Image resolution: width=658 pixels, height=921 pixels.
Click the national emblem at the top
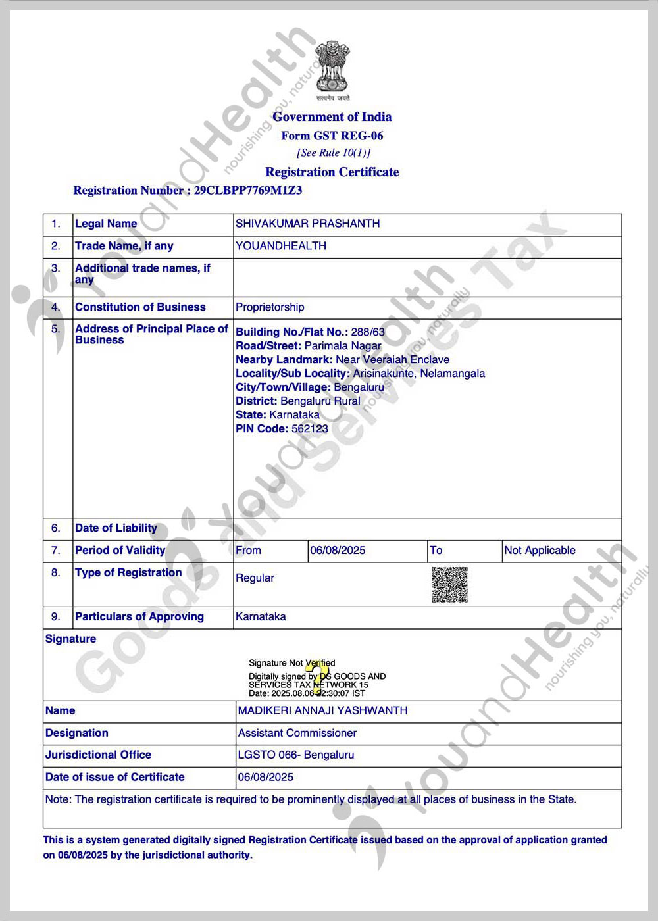(x=332, y=67)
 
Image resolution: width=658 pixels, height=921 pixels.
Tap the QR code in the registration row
(x=449, y=585)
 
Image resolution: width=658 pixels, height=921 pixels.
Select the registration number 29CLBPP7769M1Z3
(x=248, y=191)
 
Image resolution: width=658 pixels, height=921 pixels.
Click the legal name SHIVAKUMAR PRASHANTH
(x=307, y=224)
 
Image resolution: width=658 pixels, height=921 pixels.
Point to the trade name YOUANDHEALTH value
(x=281, y=246)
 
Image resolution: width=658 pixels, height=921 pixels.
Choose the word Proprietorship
(x=270, y=307)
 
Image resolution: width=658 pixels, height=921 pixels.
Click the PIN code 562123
(x=309, y=429)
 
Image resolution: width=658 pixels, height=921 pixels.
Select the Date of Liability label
(x=116, y=528)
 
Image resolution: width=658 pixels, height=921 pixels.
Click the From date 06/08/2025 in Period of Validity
(x=338, y=551)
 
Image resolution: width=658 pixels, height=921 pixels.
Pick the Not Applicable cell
(x=540, y=551)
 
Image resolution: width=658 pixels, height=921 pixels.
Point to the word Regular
(x=255, y=578)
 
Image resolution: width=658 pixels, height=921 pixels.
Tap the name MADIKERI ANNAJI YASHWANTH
(x=322, y=711)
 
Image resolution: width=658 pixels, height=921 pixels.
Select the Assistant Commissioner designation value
(x=297, y=734)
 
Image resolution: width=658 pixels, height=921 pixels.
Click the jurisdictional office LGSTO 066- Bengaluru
(x=296, y=755)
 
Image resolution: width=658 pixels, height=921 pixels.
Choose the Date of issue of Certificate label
(x=115, y=778)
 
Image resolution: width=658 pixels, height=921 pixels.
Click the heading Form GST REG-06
(x=332, y=136)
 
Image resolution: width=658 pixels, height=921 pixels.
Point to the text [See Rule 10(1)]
(x=333, y=153)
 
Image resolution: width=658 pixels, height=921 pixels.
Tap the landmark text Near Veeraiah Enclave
(x=392, y=360)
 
